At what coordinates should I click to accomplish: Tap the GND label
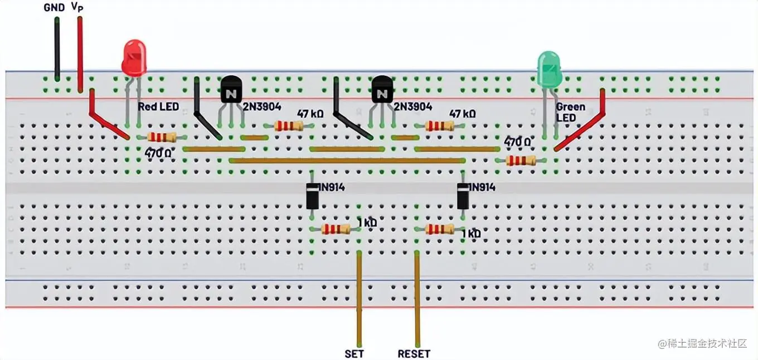pyautogui.click(x=55, y=8)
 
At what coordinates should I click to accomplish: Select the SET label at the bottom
pyautogui.click(x=355, y=353)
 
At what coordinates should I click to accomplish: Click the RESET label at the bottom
pyautogui.click(x=414, y=353)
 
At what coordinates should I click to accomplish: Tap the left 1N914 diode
pyautogui.click(x=313, y=196)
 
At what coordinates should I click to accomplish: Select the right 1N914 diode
pyautogui.click(x=463, y=196)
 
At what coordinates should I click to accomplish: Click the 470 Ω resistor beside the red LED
pyautogui.click(x=162, y=137)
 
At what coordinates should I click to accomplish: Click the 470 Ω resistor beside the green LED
pyautogui.click(x=521, y=161)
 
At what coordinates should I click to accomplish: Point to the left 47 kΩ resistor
pyautogui.click(x=288, y=125)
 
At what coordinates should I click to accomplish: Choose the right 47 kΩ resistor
pyautogui.click(x=439, y=125)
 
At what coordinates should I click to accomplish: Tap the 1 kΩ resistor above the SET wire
pyautogui.click(x=336, y=228)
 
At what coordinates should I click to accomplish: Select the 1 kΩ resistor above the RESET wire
pyautogui.click(x=440, y=228)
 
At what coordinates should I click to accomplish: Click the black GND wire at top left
pyautogui.click(x=57, y=47)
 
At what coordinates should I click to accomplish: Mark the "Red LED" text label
pyautogui.click(x=158, y=106)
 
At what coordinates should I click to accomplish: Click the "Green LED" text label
pyautogui.click(x=570, y=112)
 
